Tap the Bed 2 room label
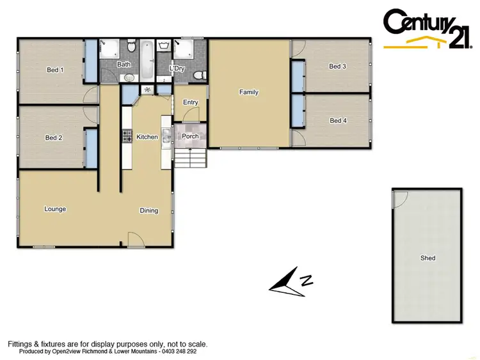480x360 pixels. pos(54,137)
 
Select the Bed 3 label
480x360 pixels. pos(337,66)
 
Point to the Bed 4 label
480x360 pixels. pos(337,120)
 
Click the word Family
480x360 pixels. pos(249,92)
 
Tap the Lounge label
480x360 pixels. pos(55,209)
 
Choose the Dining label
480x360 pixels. pos(149,210)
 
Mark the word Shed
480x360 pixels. pos(428,258)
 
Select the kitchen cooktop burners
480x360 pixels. pos(126,136)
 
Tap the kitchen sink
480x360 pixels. pos(165,135)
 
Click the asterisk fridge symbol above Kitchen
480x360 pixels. pos(147,90)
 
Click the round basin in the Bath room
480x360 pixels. pos(129,77)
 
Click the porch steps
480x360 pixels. pos(192,157)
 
